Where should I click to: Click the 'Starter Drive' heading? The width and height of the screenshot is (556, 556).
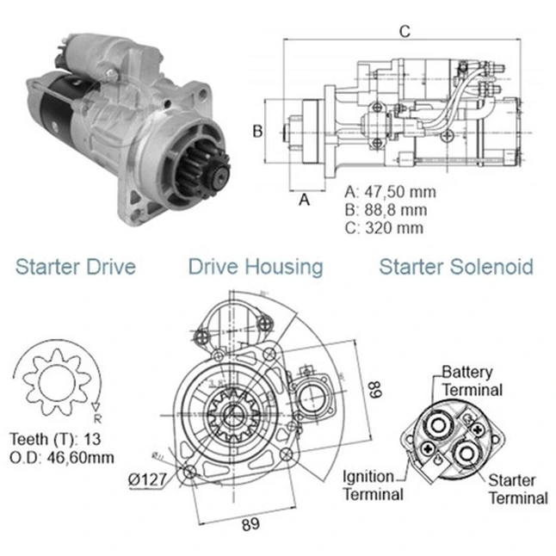click(76, 267)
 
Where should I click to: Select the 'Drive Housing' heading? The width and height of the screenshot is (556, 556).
click(256, 267)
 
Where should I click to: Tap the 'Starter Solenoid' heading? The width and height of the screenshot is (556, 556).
click(456, 267)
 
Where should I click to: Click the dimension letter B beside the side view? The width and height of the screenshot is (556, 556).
click(256, 132)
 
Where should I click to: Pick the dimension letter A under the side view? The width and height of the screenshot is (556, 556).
click(303, 200)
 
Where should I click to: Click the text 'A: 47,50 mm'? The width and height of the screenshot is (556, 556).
click(389, 191)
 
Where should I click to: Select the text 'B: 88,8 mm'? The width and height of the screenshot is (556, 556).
click(385, 209)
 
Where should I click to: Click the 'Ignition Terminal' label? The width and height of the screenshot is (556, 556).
click(373, 485)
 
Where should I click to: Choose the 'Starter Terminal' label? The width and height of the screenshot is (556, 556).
click(517, 489)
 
